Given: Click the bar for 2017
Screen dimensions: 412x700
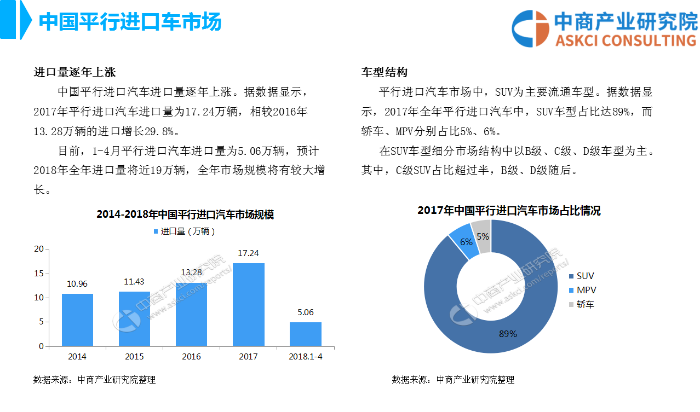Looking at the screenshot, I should [248, 304].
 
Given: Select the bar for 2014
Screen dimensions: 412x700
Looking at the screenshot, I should [77, 320].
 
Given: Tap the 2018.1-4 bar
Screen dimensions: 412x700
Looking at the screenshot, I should [305, 334].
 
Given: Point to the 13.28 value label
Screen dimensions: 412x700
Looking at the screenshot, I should [191, 272].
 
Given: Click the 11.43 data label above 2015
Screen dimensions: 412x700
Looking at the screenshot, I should [134, 282].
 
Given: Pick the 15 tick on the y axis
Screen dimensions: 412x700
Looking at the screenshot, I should [39, 274].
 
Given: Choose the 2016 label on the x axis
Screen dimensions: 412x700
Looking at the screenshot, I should [191, 357].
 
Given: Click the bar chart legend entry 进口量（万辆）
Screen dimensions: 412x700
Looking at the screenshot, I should [184, 231].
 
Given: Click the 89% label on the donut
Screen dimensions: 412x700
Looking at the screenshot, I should [508, 334].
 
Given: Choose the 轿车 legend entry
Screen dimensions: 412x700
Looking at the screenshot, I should [584, 304].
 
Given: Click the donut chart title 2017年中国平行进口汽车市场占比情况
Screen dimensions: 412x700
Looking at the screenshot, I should [509, 211].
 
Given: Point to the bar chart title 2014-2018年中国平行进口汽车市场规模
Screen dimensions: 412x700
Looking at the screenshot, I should [185, 214].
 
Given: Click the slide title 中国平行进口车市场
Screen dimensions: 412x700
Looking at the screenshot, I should [130, 22].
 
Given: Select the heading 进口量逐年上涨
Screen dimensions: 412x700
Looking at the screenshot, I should [74, 72].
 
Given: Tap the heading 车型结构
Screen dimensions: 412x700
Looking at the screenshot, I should [384, 72].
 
